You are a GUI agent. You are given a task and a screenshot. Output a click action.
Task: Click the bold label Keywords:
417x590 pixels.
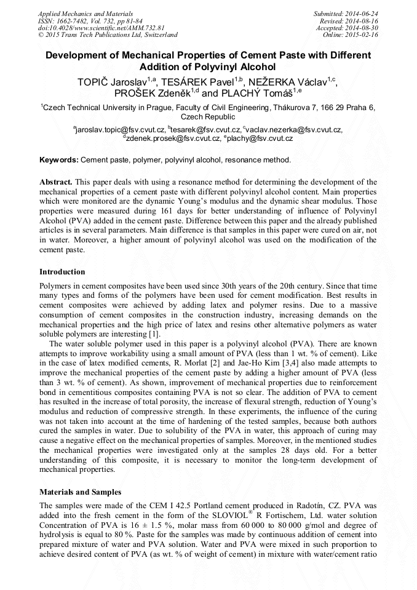(58, 160)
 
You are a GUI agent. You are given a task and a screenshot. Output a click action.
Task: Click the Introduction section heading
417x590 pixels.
(62, 271)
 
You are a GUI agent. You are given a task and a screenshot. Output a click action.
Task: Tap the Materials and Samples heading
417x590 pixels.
(80, 492)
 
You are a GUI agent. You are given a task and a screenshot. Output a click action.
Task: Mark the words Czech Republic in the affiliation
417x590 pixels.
(208, 117)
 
